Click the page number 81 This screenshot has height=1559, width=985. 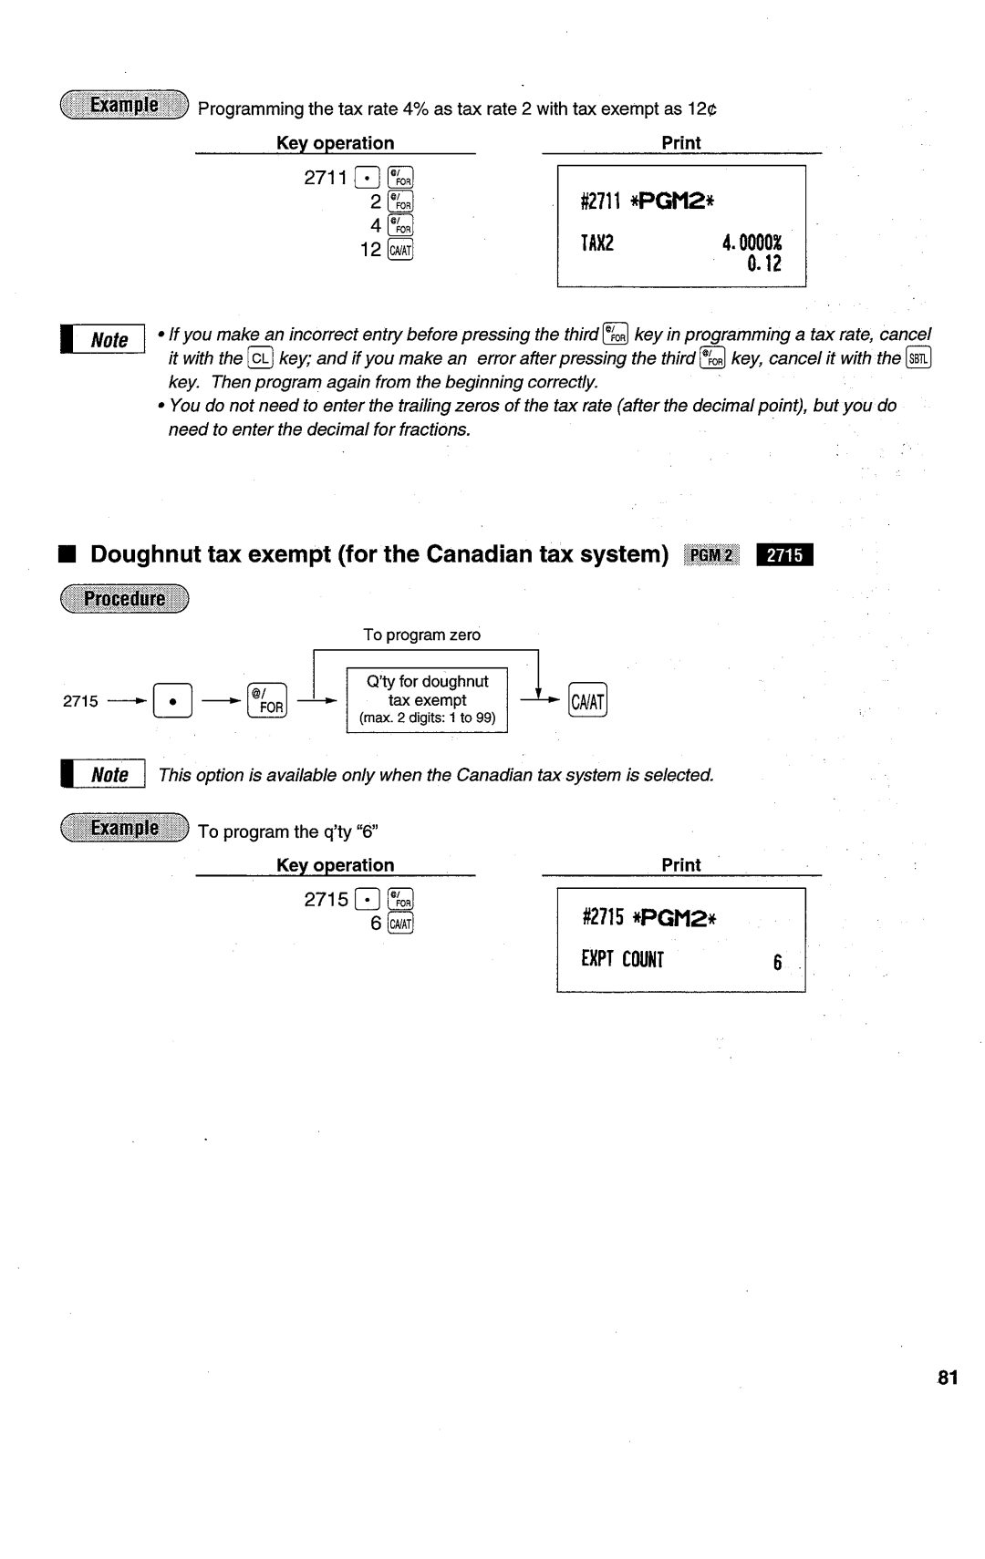point(948,1378)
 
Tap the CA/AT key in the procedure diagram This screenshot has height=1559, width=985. point(588,700)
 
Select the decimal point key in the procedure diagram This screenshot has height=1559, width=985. point(173,700)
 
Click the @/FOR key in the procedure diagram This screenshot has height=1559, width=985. point(267,700)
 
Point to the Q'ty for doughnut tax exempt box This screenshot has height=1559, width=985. point(427,699)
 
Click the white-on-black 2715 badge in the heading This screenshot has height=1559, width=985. point(784,554)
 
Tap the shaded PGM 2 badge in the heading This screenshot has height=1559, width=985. point(715,554)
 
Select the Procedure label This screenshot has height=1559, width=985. point(124,599)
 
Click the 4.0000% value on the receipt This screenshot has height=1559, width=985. point(752,243)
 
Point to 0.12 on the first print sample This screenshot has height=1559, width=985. point(763,264)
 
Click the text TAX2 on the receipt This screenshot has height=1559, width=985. point(596,243)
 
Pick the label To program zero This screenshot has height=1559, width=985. point(421,635)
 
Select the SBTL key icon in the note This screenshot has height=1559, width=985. point(918,358)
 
